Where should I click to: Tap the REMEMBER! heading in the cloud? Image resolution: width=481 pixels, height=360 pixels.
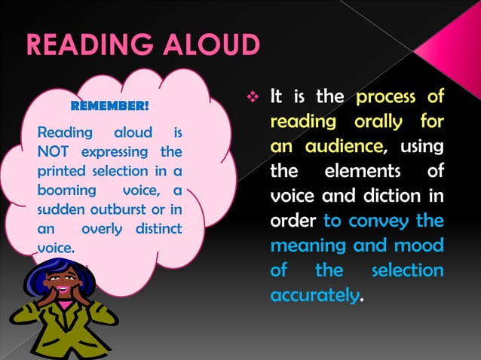109,105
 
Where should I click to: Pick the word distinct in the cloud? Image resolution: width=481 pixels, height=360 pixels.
158,227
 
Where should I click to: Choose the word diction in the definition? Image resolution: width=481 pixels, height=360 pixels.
400,197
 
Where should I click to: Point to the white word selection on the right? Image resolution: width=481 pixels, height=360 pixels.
409,270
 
